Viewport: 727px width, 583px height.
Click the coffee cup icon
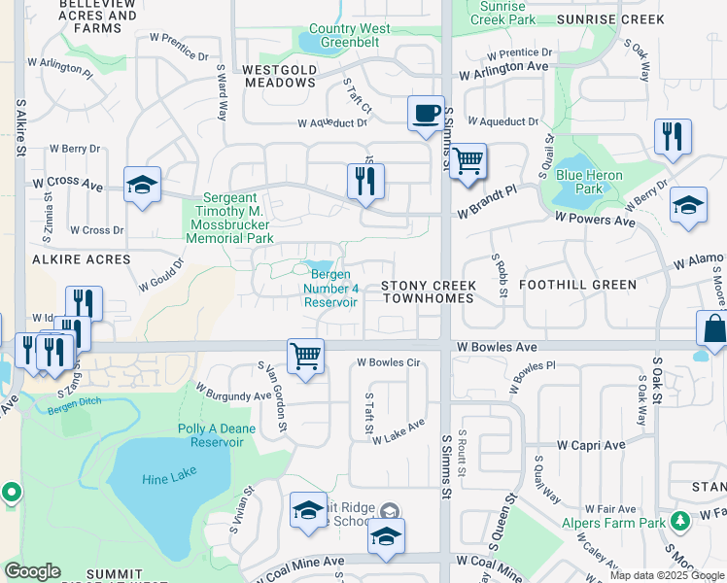[425, 114]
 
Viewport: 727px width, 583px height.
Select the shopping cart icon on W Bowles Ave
[305, 356]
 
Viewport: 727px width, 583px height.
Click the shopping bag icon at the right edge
[713, 330]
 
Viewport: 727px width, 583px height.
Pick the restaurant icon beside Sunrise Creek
[672, 137]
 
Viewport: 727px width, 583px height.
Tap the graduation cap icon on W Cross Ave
[142, 184]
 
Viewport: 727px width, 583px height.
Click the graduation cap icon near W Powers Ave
[688, 205]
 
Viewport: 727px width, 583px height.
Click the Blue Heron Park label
[587, 181]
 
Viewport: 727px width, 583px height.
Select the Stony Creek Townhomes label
[428, 292]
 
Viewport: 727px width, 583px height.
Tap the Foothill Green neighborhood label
[577, 285]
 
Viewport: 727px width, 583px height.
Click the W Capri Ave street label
[591, 445]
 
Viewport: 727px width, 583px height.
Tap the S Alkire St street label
[19, 127]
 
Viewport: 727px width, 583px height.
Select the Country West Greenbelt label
[349, 36]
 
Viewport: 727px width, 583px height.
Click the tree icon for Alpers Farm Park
[680, 522]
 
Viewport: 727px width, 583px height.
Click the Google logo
[32, 571]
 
